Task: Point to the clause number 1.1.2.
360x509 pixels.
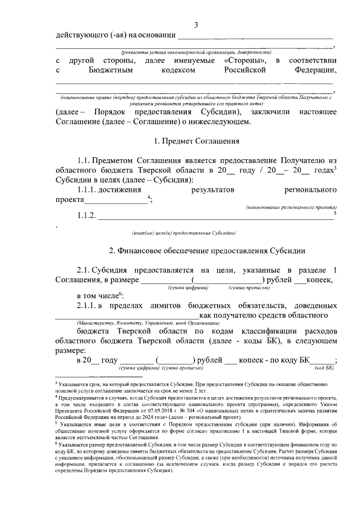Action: (87, 216)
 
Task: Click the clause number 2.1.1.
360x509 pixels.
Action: (89, 305)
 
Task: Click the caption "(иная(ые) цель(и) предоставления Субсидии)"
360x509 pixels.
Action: (183, 232)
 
